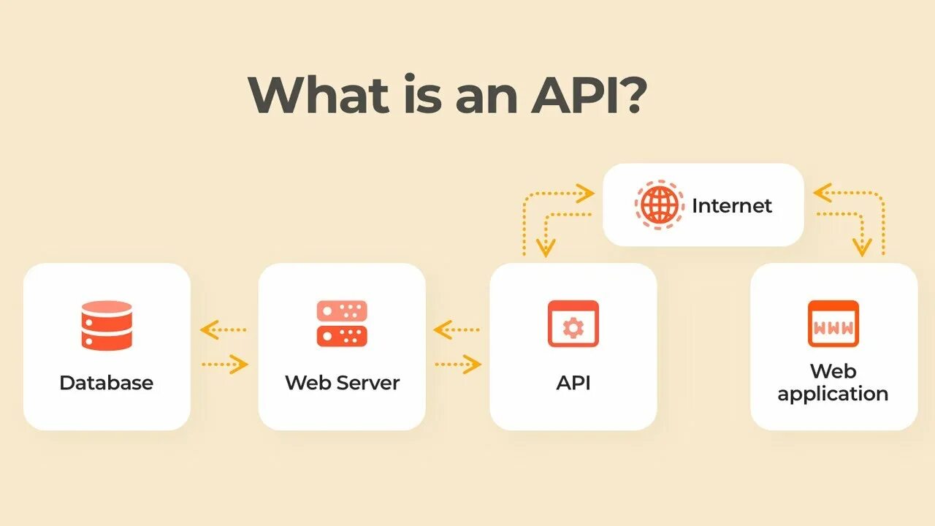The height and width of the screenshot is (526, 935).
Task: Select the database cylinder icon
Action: (x=107, y=325)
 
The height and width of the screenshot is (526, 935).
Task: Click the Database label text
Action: (x=107, y=383)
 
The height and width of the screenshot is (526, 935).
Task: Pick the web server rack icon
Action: (x=342, y=323)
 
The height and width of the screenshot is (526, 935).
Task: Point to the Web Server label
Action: (x=342, y=383)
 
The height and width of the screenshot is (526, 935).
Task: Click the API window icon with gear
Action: (x=573, y=324)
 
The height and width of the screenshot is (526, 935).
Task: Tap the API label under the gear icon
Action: (x=573, y=383)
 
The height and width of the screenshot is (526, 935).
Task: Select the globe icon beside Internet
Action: (x=660, y=205)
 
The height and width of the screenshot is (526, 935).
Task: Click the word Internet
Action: (x=731, y=205)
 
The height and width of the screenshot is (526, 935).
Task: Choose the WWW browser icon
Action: (x=833, y=324)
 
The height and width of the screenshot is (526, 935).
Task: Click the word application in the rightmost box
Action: (x=833, y=394)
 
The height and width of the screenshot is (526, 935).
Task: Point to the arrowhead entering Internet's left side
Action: (x=584, y=194)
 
